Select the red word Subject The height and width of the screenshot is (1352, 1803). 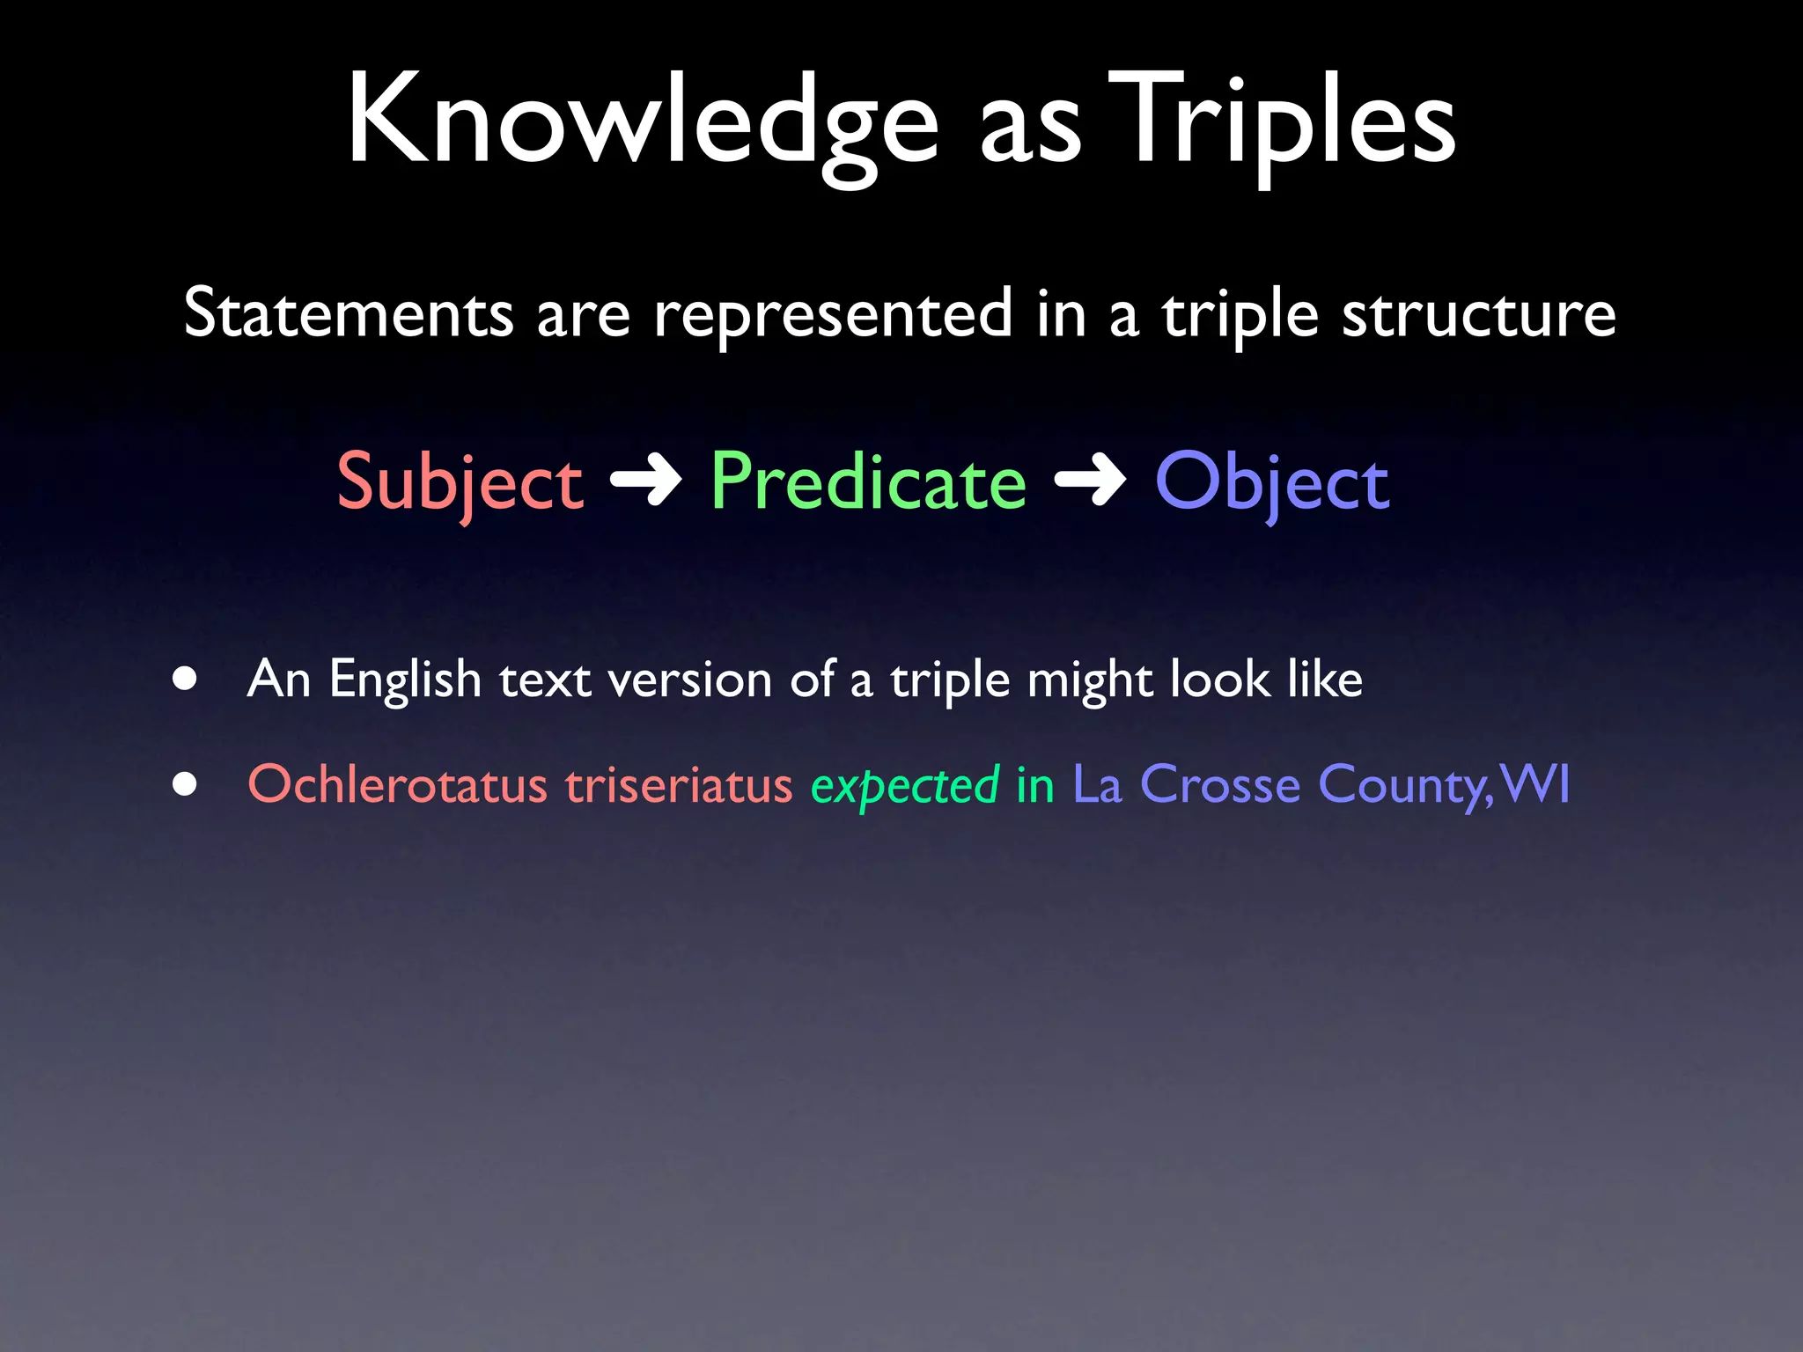point(460,482)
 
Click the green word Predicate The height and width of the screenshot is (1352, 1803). point(868,481)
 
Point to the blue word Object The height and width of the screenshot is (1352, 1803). point(1272,482)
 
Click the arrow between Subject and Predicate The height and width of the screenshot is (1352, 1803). point(646,481)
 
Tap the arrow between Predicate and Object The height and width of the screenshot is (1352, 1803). point(1090,481)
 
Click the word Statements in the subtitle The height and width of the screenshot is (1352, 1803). point(349,313)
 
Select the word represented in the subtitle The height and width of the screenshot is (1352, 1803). point(833,315)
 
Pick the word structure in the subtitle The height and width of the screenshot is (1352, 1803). point(1478,313)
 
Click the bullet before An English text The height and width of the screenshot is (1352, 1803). point(184,679)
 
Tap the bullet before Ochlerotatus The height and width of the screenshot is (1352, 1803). point(184,783)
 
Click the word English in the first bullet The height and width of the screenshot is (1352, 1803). point(405,680)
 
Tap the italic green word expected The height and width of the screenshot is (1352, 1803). point(904,785)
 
